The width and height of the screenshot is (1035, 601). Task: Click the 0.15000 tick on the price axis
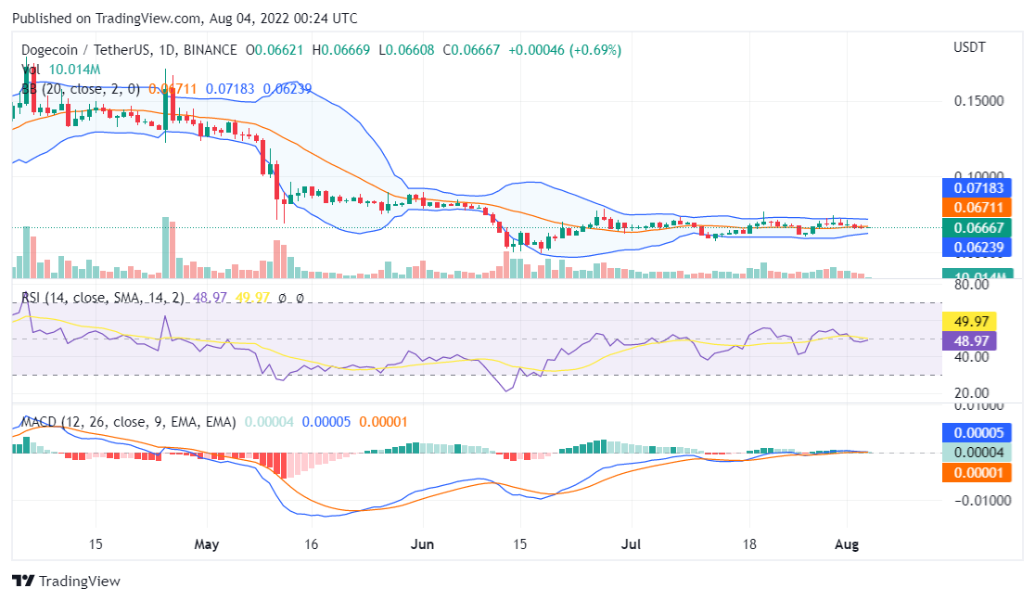[x=977, y=100]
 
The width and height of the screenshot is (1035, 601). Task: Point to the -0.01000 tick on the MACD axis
[x=975, y=501]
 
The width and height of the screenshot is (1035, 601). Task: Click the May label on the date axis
[x=207, y=543]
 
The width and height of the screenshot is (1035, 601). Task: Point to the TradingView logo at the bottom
[x=67, y=582]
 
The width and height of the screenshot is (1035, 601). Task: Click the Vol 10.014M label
[x=61, y=70]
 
